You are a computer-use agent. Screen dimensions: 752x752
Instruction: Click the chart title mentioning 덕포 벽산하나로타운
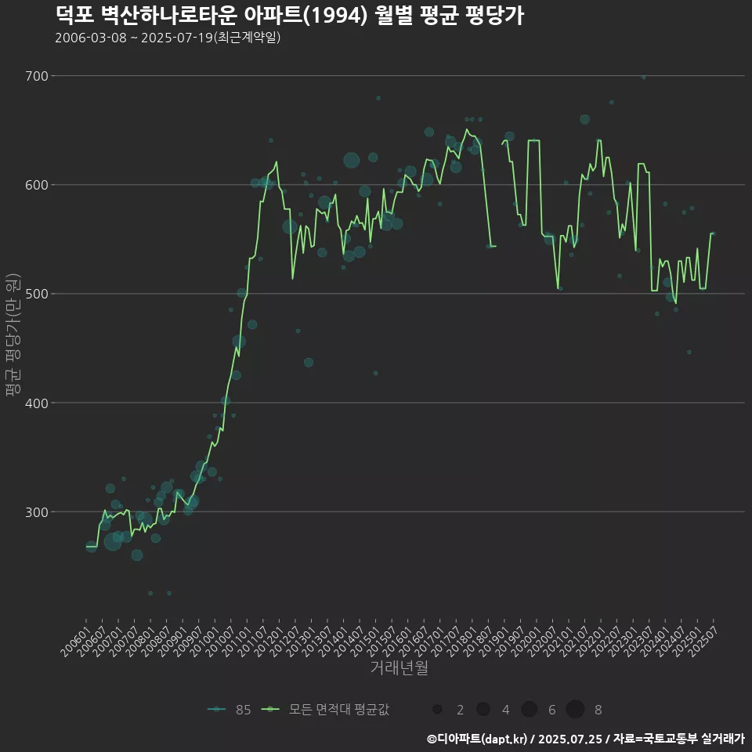tap(289, 15)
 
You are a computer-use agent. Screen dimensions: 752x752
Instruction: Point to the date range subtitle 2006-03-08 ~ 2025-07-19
tap(168, 38)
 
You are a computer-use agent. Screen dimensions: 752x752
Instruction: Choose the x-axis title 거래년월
tap(399, 668)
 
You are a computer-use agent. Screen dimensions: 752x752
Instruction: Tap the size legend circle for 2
tap(437, 710)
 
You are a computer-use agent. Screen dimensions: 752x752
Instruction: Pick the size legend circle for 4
tap(483, 710)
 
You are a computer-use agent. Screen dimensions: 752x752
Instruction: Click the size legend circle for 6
tap(529, 710)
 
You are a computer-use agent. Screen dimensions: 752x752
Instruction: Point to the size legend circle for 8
tap(575, 710)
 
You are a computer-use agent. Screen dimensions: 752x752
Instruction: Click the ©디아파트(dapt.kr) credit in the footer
tap(477, 739)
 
